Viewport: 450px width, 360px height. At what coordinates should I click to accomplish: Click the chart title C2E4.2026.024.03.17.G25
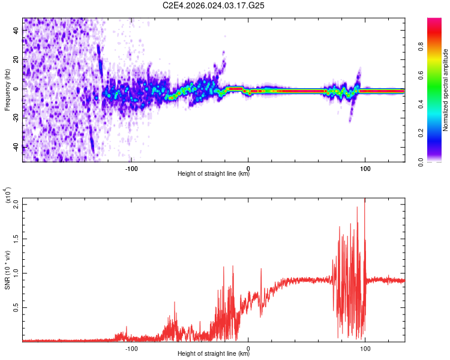coord(214,5)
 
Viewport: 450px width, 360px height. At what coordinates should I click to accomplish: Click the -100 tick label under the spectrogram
coord(131,167)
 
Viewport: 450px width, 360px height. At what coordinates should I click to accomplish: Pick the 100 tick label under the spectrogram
coord(365,167)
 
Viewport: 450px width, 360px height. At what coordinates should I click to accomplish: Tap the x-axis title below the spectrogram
coord(214,175)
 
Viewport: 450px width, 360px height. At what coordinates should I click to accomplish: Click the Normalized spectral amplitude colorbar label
coord(446,90)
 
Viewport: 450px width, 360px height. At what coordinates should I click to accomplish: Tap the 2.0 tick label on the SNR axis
coord(15,204)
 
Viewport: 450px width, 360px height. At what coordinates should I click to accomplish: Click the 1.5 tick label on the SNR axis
coord(15,238)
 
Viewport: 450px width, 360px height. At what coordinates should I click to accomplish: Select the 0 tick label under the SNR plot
coord(248,347)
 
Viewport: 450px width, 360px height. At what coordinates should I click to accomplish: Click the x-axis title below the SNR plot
coord(214,354)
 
